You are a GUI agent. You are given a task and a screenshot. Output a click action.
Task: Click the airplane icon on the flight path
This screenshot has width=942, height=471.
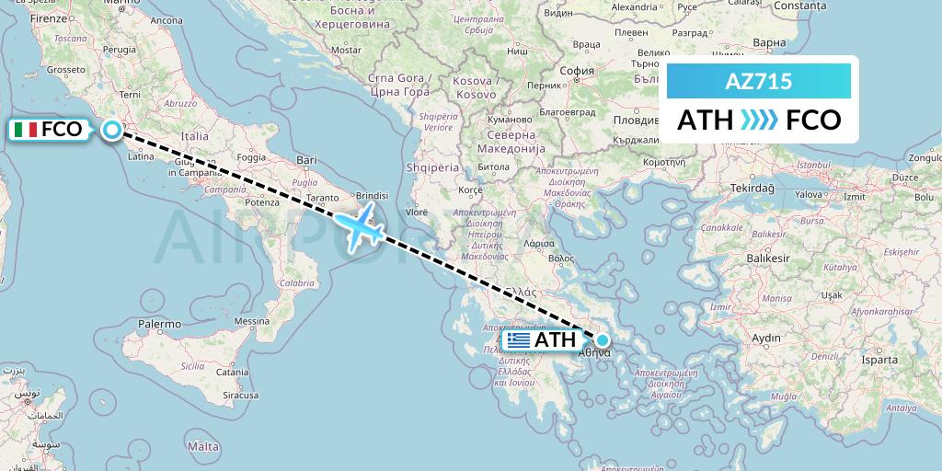(359, 224)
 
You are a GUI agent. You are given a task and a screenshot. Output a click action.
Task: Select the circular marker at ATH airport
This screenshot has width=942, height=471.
(603, 339)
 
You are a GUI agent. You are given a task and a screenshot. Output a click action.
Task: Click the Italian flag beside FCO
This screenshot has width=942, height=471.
(26, 130)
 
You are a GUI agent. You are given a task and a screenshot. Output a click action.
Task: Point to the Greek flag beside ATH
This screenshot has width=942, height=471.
(519, 340)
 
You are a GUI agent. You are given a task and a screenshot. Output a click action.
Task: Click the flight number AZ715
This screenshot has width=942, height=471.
(759, 83)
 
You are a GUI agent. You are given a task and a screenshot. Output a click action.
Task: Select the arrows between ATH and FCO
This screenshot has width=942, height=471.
(759, 121)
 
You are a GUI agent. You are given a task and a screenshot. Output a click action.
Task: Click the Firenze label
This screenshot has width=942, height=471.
(49, 17)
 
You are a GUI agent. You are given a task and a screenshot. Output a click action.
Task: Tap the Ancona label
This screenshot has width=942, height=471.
(165, 19)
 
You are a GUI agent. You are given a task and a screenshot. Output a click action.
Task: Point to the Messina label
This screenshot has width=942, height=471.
(249, 321)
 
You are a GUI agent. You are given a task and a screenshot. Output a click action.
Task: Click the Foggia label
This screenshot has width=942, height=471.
(251, 156)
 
